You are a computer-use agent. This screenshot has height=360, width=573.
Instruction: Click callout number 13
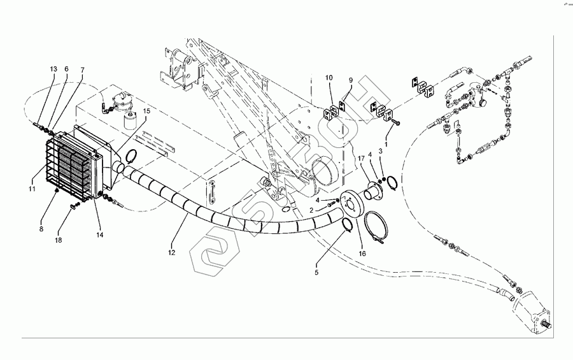click(53, 68)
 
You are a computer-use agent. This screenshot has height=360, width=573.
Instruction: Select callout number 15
click(146, 112)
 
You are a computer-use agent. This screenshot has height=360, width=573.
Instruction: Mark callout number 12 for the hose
click(170, 253)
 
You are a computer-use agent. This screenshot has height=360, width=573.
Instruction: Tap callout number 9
click(350, 80)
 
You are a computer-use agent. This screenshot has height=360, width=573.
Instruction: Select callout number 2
click(311, 210)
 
